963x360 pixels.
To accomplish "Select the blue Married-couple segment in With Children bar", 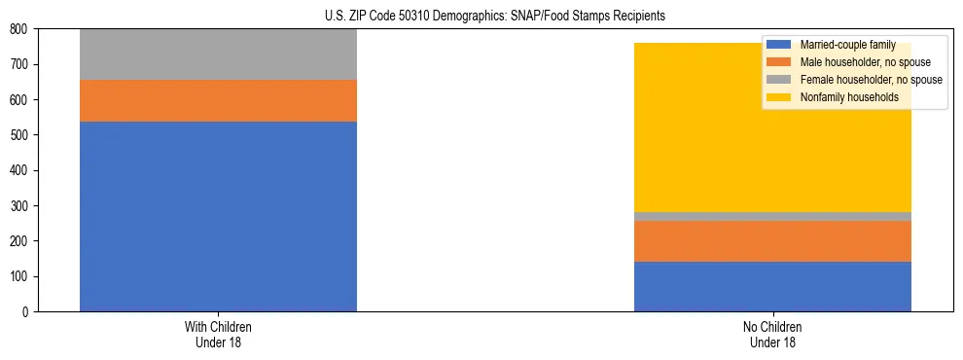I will click(x=218, y=216).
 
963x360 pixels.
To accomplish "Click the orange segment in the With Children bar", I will click(x=218, y=100).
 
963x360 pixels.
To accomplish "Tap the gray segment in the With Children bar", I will click(x=218, y=54).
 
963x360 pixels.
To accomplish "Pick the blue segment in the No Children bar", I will click(x=772, y=286).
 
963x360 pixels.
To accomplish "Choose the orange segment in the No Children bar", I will click(x=772, y=241).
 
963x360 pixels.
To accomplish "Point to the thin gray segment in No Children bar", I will click(x=772, y=216).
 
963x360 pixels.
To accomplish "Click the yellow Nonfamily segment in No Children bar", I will click(x=772, y=146).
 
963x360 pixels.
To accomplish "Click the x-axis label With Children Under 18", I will click(x=218, y=334).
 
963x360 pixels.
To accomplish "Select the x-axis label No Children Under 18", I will click(x=772, y=334).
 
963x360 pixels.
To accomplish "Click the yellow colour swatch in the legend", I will click(x=779, y=97).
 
